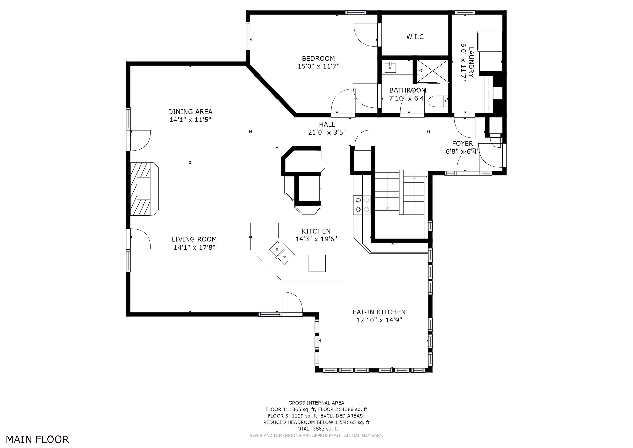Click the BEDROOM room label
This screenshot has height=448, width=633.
(319, 59)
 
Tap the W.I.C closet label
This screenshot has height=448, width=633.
(415, 37)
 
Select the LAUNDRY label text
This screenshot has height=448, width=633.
(471, 62)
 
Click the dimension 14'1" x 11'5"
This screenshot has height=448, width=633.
(190, 120)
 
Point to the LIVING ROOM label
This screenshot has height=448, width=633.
(194, 239)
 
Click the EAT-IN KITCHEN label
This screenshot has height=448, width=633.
(379, 312)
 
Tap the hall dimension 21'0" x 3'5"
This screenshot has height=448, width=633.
(327, 133)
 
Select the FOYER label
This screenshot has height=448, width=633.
(463, 143)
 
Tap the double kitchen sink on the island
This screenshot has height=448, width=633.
(281, 253)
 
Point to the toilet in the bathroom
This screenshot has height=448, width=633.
(438, 101)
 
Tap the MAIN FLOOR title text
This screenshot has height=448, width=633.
(37, 439)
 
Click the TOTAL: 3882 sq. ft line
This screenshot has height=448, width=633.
(316, 429)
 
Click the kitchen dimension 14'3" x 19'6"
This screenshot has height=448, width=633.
(316, 239)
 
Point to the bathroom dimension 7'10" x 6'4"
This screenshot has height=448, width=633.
(408, 98)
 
